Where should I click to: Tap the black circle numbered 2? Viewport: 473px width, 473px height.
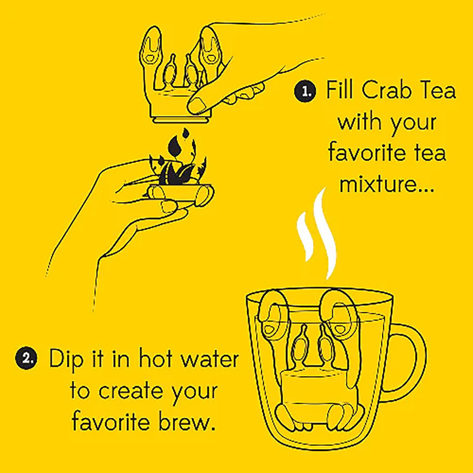[x=26, y=359]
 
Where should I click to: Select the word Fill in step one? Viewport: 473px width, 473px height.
[x=340, y=90]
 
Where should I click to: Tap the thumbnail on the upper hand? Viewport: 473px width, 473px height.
[x=198, y=105]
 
